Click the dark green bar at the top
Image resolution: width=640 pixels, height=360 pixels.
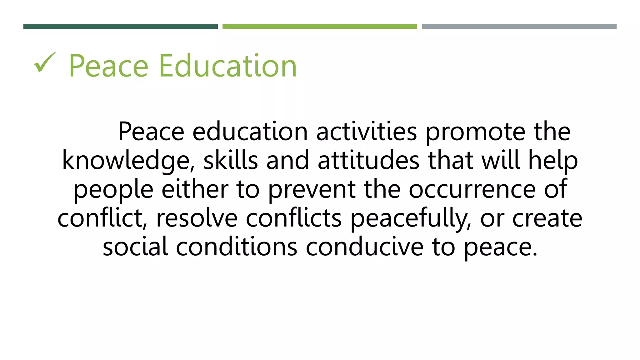pos(120,27)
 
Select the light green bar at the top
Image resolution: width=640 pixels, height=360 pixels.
pos(319,27)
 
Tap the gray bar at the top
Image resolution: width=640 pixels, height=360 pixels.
pos(519,27)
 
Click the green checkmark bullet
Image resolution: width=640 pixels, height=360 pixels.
pos(45,62)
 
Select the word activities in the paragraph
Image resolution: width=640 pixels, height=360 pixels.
pos(366,132)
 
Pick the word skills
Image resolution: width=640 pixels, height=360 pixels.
pos(231,160)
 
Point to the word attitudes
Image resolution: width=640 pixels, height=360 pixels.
pos(368,160)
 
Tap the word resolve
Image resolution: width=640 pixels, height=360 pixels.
pos(197,218)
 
